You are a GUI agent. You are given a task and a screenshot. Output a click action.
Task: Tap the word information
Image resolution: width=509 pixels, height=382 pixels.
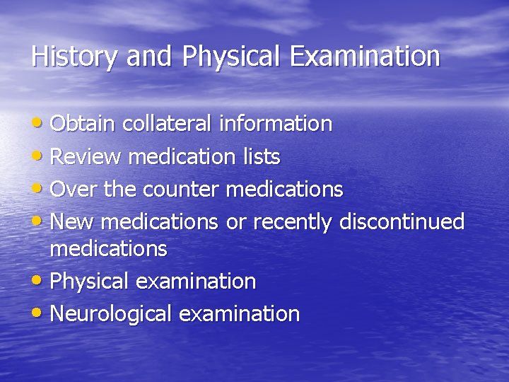tap(275, 124)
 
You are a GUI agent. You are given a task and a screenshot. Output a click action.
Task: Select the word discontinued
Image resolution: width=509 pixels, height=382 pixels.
tap(402, 222)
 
